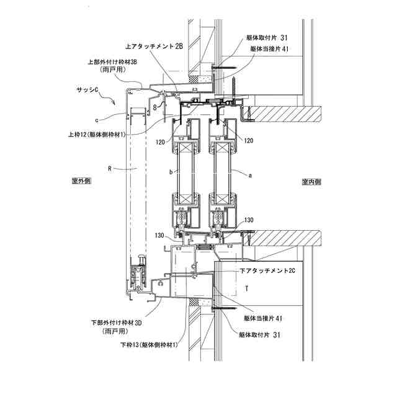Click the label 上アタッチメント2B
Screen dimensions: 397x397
click(x=154, y=47)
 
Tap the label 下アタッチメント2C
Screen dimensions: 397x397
click(x=267, y=270)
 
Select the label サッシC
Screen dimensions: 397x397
click(x=87, y=89)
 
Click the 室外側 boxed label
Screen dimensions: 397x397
click(x=81, y=181)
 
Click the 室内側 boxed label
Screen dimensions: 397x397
click(x=311, y=182)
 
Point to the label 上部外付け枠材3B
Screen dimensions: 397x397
click(x=112, y=62)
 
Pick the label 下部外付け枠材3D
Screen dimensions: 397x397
click(x=117, y=323)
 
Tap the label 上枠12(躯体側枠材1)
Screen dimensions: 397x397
click(x=97, y=134)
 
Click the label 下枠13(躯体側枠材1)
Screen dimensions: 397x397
click(x=149, y=345)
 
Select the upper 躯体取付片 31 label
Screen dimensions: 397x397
click(x=267, y=38)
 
